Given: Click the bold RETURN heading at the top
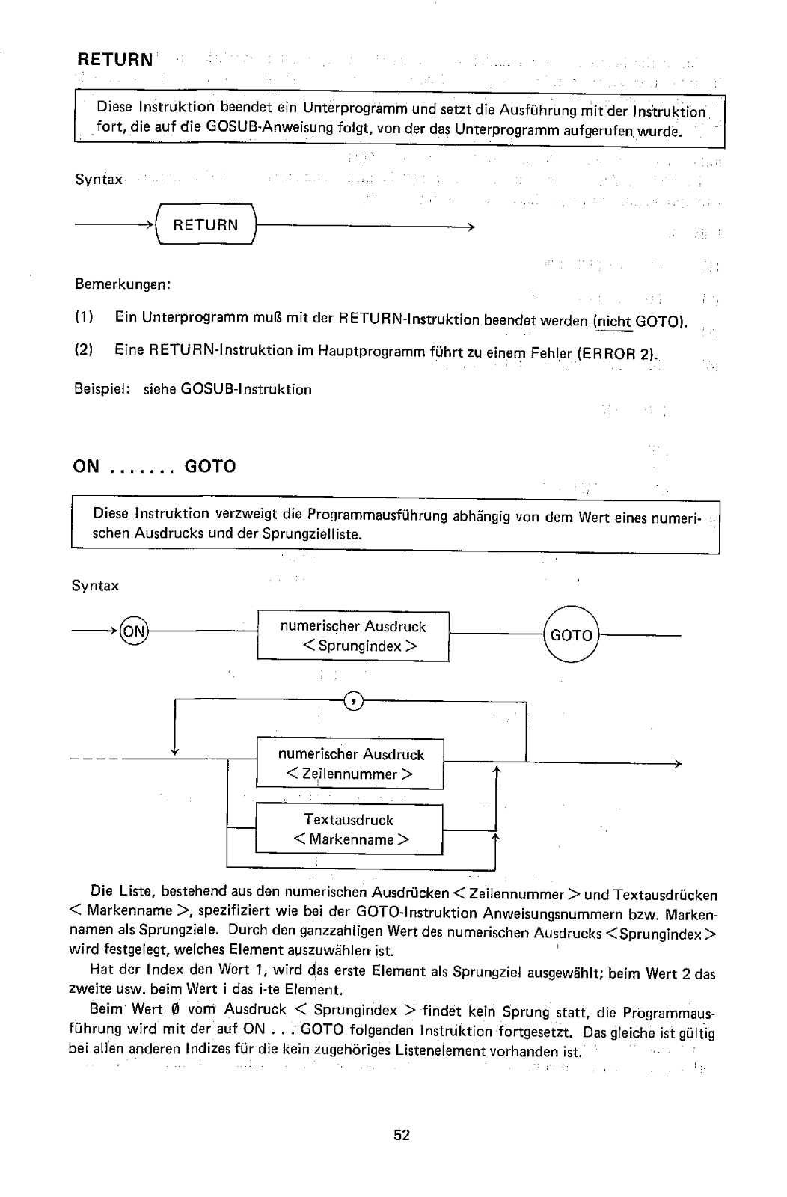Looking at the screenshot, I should (114, 59).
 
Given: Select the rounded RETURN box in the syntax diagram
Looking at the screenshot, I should (205, 224).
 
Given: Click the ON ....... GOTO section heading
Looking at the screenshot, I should (154, 467).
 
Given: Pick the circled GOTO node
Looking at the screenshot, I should (571, 635).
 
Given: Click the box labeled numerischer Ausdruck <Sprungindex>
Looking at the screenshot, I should (353, 636).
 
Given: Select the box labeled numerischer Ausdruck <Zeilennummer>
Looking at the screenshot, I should (350, 764).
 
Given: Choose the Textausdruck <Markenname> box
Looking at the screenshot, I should (349, 829).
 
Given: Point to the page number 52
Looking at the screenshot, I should (402, 1135).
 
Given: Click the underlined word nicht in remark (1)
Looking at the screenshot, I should (615, 322).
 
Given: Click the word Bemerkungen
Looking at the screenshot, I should (123, 285).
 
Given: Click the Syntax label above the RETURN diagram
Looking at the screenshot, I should (99, 180).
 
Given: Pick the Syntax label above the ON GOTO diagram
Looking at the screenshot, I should (95, 586).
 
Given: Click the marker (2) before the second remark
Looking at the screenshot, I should (84, 350).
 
